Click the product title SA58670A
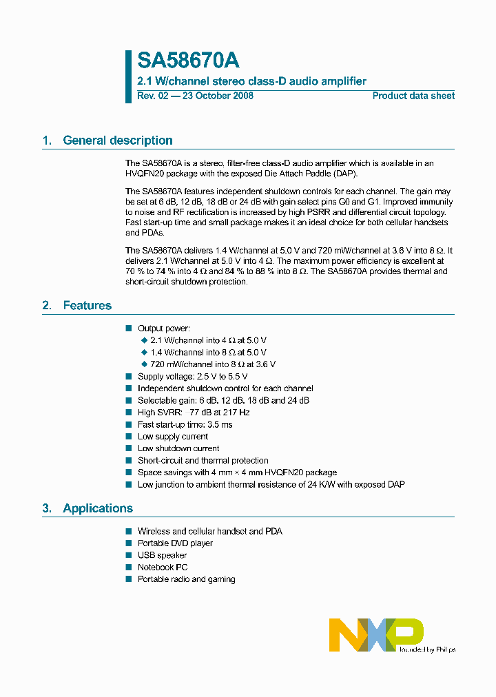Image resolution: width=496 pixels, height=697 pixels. (x=188, y=61)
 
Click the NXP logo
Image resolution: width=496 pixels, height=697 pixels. (x=376, y=634)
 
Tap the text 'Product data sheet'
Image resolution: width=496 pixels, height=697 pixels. (x=413, y=96)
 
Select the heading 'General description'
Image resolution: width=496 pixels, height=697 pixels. (x=118, y=141)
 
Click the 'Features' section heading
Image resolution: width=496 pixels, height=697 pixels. (x=87, y=305)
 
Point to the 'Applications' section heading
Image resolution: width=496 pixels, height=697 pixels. (x=98, y=508)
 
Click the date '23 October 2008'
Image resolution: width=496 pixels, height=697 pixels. (x=217, y=96)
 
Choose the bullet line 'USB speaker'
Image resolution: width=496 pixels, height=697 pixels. (x=162, y=555)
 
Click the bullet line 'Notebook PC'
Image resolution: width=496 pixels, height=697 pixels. (x=163, y=568)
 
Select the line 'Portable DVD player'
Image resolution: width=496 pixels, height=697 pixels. (x=175, y=543)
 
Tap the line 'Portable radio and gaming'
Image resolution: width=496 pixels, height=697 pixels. (x=186, y=579)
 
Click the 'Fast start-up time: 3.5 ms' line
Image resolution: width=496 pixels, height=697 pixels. (x=185, y=424)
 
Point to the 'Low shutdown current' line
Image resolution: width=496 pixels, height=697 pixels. (x=178, y=448)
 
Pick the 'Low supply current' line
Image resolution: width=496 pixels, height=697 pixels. (x=172, y=437)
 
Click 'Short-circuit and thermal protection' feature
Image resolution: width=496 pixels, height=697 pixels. (x=203, y=460)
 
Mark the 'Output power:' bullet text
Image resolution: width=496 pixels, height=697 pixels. (x=164, y=329)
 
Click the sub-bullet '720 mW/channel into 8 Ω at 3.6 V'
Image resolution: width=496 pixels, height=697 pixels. (x=213, y=364)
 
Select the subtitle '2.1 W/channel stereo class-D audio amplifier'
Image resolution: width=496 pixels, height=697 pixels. (x=251, y=81)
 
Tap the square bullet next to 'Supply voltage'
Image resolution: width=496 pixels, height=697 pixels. (x=128, y=377)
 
